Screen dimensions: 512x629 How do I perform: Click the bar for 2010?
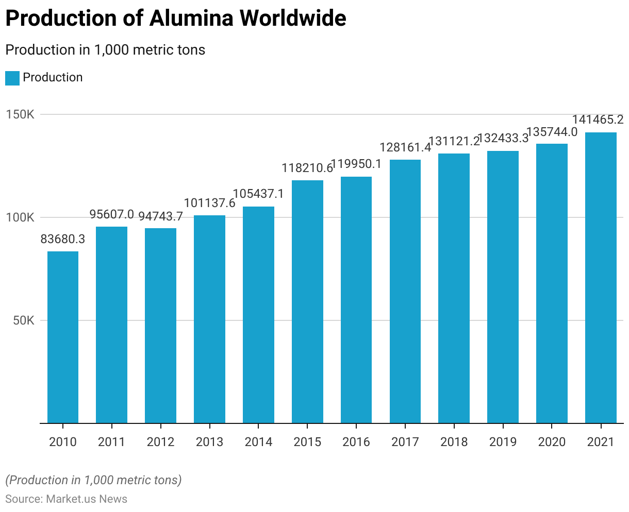coord(63,337)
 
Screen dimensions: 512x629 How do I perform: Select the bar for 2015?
coord(307,302)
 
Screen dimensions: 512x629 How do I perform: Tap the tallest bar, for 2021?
coord(601,278)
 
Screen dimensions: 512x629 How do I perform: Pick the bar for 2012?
coord(160,326)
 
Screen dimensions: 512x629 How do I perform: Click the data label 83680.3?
coord(63,240)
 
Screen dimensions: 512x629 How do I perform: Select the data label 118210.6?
coord(307,168)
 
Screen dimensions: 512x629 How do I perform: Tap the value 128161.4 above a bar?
coord(405,148)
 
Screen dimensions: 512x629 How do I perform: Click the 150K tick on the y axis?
coord(21,114)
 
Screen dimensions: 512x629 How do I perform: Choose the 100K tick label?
coord(21,217)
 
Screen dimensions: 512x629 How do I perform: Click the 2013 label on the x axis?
coord(209,442)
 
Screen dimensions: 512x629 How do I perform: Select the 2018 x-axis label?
coord(454,442)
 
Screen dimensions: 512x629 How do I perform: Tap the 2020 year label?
coord(552,442)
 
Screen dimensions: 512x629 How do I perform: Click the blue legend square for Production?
coord(12,78)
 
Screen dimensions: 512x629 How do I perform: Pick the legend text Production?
coord(53,77)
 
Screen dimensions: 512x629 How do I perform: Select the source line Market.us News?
coord(66,499)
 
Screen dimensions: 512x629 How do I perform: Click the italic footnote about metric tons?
coord(93,480)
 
